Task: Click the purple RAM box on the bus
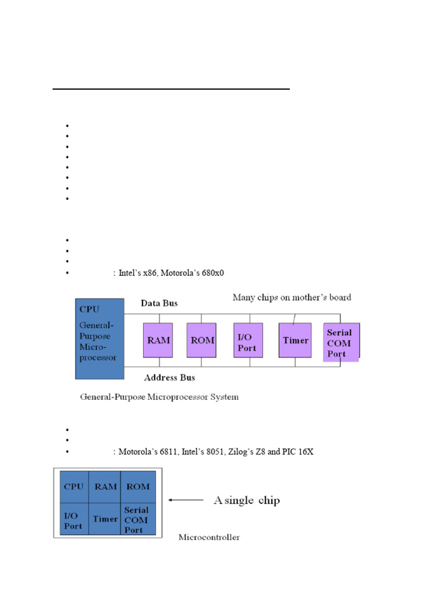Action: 158,340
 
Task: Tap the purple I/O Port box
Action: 247,340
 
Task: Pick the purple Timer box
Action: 296,340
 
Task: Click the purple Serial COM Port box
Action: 340,342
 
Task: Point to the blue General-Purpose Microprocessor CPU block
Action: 100,338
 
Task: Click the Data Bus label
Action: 159,303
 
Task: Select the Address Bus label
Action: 169,378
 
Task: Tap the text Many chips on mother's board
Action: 292,297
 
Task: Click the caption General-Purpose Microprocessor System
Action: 158,397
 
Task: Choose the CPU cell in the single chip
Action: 73,487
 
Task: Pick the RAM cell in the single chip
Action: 105,487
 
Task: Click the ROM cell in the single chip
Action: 137,487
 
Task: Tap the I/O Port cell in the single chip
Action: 73,520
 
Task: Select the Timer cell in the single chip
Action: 105,519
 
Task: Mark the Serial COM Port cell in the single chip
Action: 137,520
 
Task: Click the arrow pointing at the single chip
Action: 186,499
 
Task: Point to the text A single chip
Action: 247,500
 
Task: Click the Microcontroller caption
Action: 209,537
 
